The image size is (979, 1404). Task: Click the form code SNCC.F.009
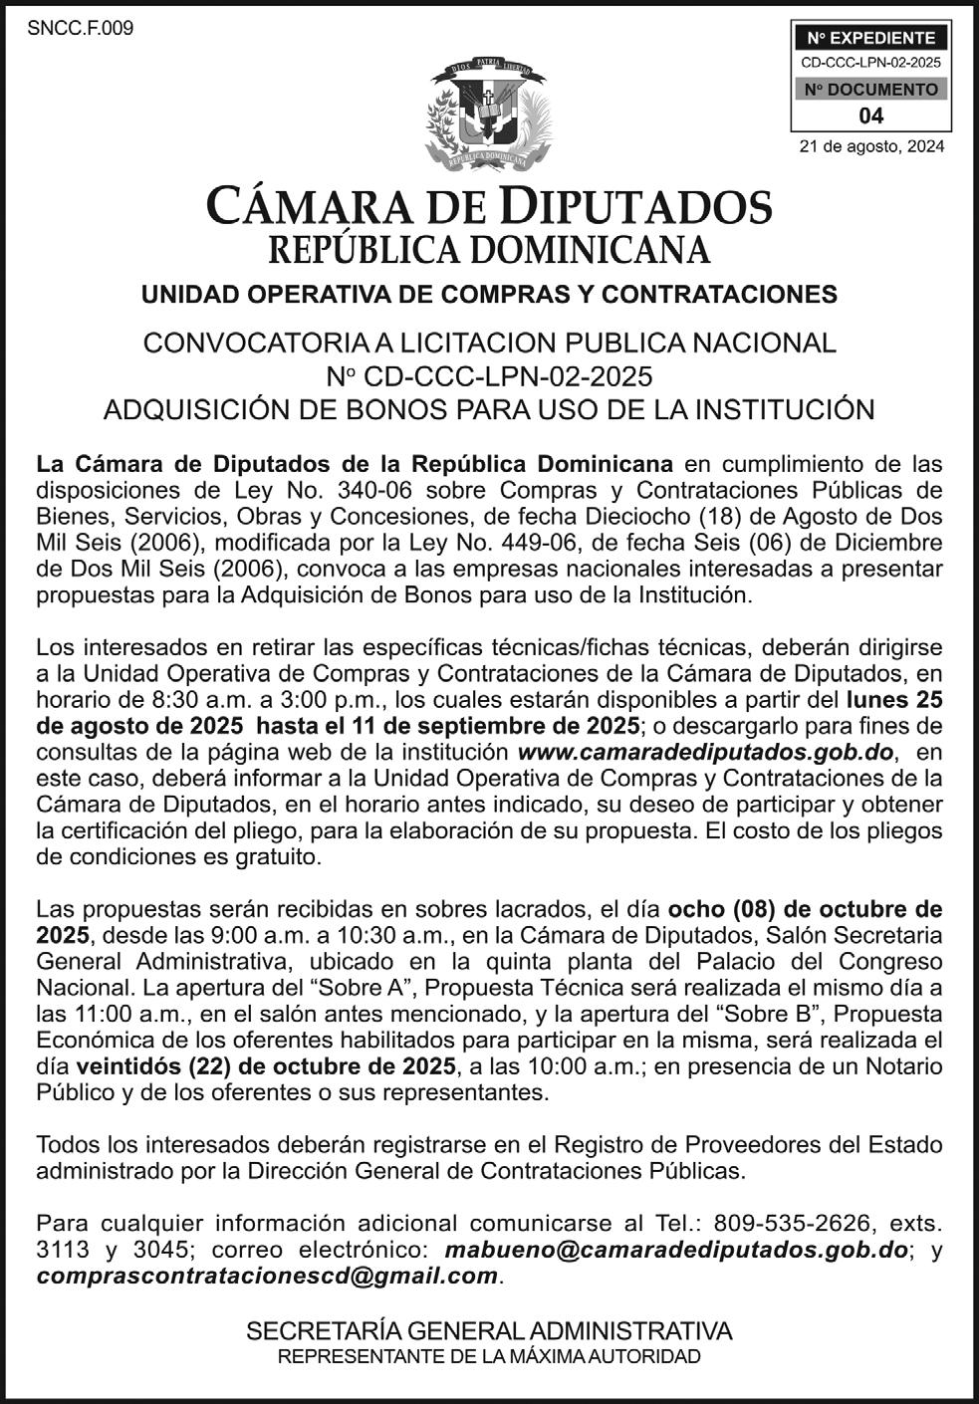[81, 28]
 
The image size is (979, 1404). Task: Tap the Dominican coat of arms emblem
[488, 115]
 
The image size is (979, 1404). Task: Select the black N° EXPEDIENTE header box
[870, 39]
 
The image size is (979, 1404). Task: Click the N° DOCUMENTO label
[870, 90]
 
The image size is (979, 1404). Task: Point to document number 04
[870, 116]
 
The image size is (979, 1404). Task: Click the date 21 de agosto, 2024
[871, 147]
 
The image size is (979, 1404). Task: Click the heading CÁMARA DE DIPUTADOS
[489, 207]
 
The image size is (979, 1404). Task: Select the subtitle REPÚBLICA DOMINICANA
[489, 249]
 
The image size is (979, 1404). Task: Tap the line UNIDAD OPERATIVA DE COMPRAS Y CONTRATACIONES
[489, 295]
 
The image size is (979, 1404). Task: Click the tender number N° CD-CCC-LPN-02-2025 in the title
[489, 376]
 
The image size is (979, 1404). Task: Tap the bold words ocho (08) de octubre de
[805, 909]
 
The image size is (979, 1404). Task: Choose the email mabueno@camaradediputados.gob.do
[677, 1250]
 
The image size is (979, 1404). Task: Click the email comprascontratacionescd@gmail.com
[267, 1276]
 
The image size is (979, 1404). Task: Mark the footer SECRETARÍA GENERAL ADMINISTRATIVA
[489, 1331]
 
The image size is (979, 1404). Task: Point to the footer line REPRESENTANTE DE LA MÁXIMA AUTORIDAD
[489, 1356]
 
